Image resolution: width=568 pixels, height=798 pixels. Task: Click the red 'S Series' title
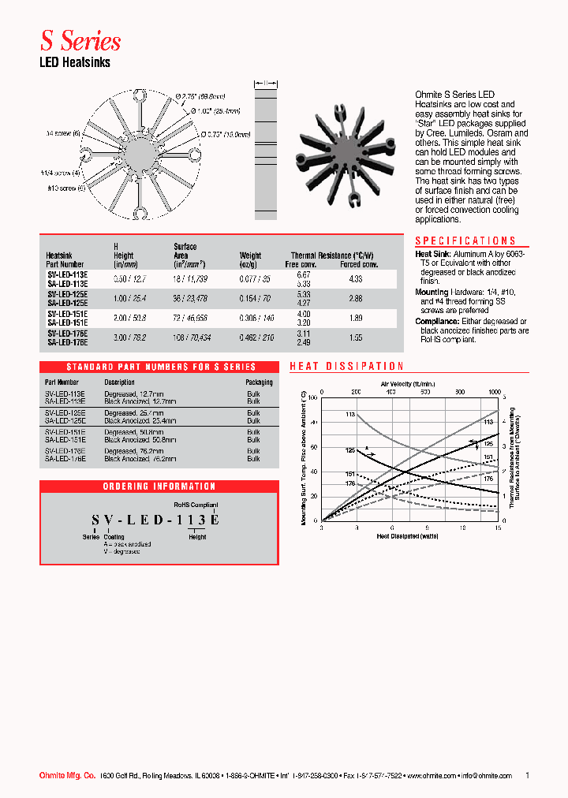tap(80, 40)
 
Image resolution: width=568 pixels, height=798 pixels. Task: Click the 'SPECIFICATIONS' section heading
tap(465, 241)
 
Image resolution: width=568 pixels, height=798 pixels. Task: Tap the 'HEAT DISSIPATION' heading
tap(347, 367)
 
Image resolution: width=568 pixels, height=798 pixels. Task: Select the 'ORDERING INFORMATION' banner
tap(159, 487)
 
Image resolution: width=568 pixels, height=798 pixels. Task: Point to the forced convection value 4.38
tap(355, 278)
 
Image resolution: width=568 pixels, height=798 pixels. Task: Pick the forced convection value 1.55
tap(355, 337)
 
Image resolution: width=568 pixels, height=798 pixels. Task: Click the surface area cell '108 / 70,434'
tap(189, 337)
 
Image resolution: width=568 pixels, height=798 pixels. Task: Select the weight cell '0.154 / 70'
tap(256, 298)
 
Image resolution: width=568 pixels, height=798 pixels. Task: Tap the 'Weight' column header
tap(250, 255)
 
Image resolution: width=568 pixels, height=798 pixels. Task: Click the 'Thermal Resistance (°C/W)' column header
tap(331, 255)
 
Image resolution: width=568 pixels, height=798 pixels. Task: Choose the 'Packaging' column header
tap(259, 382)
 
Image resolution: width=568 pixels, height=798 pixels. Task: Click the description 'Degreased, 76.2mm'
tap(132, 452)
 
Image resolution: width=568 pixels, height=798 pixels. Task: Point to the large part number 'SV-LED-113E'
tap(155, 520)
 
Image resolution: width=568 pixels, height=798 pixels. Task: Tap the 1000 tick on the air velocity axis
tap(495, 391)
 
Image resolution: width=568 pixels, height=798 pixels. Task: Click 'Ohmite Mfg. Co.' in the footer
tap(68, 776)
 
